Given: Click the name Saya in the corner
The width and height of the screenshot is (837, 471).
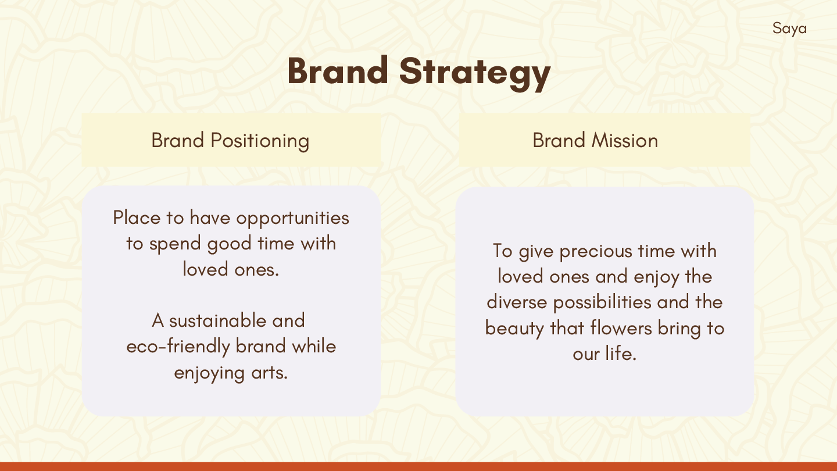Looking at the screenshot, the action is point(789,29).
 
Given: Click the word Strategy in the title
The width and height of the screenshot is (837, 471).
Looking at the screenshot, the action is point(475,73).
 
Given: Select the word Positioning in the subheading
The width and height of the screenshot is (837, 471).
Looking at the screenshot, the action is point(260,141).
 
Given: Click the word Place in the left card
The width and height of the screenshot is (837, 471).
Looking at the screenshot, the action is point(137,217).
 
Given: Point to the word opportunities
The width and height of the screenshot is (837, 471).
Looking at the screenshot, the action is point(292,218).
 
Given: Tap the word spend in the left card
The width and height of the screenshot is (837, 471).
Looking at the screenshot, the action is point(174,244).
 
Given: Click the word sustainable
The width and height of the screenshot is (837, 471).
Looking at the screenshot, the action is point(217,320).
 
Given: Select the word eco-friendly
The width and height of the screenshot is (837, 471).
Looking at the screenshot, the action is point(178,347).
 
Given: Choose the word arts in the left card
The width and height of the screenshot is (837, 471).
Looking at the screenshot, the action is point(270,373).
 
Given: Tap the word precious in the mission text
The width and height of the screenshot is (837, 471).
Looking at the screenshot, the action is point(596,252).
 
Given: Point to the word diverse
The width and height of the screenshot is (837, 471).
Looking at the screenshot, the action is point(517,302).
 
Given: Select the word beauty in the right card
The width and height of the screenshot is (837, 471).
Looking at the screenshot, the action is point(514,329).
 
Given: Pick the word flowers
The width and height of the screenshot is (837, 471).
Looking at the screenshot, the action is point(621,328).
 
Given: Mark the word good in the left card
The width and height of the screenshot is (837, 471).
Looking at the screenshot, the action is point(229,244).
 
